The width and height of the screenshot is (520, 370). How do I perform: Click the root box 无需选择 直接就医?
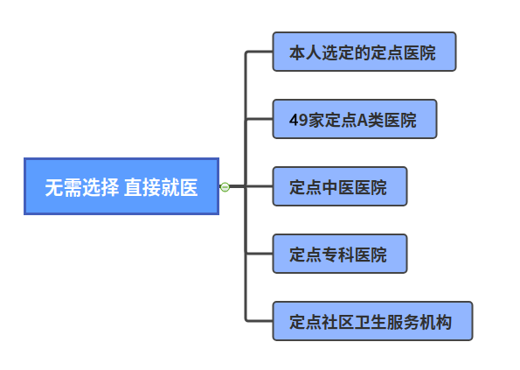121,186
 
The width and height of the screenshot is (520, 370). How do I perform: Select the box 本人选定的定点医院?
364,52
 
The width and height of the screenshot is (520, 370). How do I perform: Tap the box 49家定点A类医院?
355,119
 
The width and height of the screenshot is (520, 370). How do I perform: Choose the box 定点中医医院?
340,186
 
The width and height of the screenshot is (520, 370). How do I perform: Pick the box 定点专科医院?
340,254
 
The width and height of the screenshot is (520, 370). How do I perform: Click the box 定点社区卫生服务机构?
372,321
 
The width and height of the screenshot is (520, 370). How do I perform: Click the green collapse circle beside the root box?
225,187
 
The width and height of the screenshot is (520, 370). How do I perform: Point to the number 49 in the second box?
299,120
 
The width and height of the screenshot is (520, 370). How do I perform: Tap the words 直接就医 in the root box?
161,187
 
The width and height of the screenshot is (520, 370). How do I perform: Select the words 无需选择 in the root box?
82,187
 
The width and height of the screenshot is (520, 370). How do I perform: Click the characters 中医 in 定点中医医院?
338,187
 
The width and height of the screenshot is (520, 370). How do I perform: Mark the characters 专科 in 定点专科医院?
338,255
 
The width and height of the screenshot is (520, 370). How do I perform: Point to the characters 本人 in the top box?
305,52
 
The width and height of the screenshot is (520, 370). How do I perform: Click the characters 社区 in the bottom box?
338,322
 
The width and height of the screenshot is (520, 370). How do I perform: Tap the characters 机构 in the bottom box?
436,322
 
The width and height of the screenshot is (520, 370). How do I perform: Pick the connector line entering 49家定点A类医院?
259,119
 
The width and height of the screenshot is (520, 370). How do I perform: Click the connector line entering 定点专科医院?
259,254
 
